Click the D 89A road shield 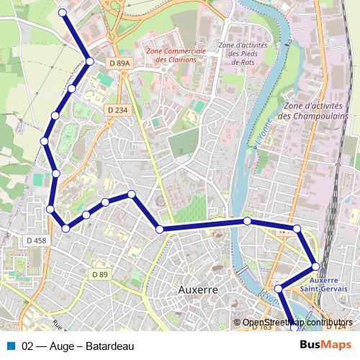tap(120, 63)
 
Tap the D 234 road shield tap(116, 109)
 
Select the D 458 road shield tap(35, 240)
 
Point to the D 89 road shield tap(99, 274)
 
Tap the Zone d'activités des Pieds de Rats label tap(243, 54)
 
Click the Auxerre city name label tap(197, 289)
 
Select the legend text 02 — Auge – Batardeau tap(78, 346)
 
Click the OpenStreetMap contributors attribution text tap(297, 323)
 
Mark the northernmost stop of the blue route tap(63, 13)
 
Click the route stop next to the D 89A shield tap(90, 61)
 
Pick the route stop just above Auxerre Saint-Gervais tap(315, 266)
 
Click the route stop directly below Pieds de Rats tap(247, 220)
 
